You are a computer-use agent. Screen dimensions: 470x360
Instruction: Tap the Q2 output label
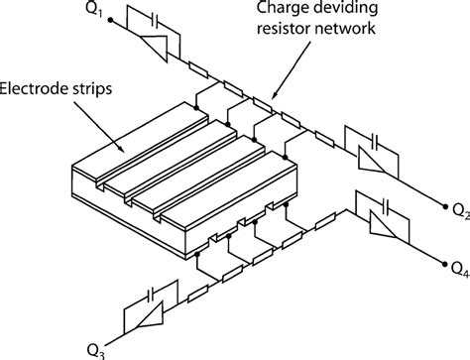pos(461,210)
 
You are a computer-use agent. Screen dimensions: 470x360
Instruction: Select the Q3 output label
pos(96,352)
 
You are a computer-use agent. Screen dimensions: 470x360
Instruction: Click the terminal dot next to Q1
pos(111,20)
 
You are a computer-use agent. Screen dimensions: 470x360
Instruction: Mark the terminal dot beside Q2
pos(445,206)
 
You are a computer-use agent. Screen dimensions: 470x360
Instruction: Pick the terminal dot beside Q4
pos(445,264)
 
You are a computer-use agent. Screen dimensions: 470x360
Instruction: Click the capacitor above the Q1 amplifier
pos(154,20)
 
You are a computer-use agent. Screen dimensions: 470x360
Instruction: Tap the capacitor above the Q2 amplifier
pos(375,141)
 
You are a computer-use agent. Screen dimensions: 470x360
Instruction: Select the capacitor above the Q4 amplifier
pos(386,206)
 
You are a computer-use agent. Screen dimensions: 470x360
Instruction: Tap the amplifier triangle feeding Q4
pos(382,224)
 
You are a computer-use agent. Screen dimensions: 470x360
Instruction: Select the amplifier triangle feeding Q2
pos(371,160)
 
